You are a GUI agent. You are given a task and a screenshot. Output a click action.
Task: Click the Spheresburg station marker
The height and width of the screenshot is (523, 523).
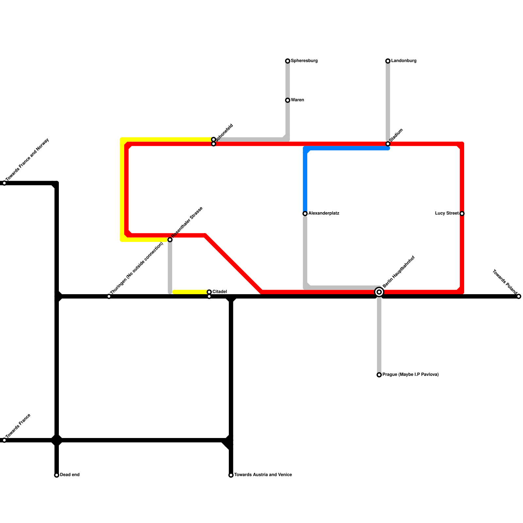(x=288, y=61)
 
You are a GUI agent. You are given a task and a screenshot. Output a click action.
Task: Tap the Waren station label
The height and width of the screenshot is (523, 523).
(x=297, y=100)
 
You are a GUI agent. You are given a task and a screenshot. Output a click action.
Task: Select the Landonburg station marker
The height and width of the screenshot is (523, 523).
(x=388, y=61)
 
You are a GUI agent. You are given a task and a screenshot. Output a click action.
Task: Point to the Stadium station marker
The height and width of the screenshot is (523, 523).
(x=388, y=144)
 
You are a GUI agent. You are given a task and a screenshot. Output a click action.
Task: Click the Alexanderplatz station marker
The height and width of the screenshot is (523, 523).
(x=305, y=213)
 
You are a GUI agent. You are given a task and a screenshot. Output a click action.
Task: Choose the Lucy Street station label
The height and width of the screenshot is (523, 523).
(x=447, y=213)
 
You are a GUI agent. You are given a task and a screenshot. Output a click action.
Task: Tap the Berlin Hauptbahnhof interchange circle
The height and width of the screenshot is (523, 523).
(x=379, y=292)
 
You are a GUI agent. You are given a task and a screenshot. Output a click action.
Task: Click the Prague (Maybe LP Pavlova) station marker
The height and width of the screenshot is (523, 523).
(x=379, y=375)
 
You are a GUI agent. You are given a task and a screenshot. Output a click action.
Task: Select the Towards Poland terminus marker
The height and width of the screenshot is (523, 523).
(x=519, y=296)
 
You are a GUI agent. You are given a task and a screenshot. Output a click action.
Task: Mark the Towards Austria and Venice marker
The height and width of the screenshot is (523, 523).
(x=231, y=475)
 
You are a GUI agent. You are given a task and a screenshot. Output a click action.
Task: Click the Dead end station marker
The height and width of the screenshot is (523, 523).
(x=57, y=475)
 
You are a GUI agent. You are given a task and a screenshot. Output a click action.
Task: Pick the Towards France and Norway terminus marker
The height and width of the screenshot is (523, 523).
(x=4, y=183)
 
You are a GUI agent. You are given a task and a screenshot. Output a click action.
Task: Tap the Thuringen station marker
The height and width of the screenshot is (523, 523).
(x=109, y=296)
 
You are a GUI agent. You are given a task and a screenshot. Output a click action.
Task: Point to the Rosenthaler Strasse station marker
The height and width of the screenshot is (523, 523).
(x=170, y=240)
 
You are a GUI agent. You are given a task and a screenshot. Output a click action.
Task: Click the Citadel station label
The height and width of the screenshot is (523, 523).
(x=220, y=292)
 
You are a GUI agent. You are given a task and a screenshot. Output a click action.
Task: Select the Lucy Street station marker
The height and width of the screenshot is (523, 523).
(x=462, y=213)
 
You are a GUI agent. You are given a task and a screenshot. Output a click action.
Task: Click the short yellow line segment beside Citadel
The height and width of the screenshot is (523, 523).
(x=190, y=292)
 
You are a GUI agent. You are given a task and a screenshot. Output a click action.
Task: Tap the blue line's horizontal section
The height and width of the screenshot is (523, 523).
(x=346, y=148)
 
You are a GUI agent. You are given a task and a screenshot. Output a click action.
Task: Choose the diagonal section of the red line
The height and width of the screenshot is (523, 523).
(x=234, y=263)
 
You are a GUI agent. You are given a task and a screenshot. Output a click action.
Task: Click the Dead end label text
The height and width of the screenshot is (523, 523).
(x=70, y=475)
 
